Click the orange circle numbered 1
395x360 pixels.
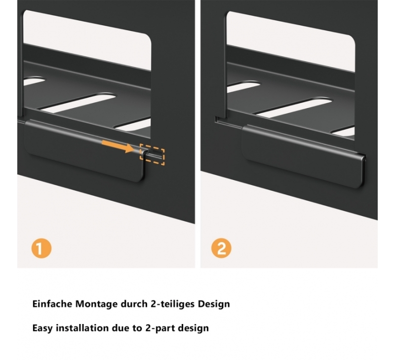coord(41,249)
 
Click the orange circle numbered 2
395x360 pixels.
coord(221,249)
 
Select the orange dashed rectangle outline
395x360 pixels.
coord(152,154)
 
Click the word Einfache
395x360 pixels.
coord(52,304)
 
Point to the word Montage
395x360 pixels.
coord(96,304)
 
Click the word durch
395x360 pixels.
coord(134,304)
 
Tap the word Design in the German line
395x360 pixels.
coord(214,304)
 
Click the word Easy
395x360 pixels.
coord(42,328)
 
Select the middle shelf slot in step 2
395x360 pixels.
coord(294,107)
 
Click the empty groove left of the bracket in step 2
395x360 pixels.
coord(228,122)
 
